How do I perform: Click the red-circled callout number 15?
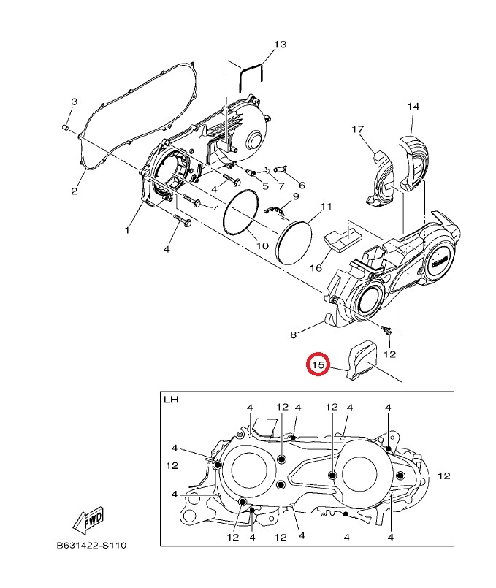(x=318, y=364)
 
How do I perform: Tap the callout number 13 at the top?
(x=280, y=45)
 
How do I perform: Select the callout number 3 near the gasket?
(x=75, y=102)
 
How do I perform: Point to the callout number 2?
(x=75, y=191)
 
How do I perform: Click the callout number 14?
(x=413, y=107)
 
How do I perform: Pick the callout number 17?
(x=358, y=129)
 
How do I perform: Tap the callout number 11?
(x=327, y=207)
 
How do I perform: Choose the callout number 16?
(x=316, y=268)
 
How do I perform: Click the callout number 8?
(x=293, y=335)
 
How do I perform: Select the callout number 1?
(x=127, y=229)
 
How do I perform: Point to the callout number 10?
(x=262, y=245)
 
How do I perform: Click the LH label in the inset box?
(x=171, y=400)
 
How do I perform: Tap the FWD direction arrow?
(x=88, y=521)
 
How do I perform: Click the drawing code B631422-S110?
(x=91, y=545)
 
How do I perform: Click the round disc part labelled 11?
(x=294, y=244)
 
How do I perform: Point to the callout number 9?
(x=295, y=196)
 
